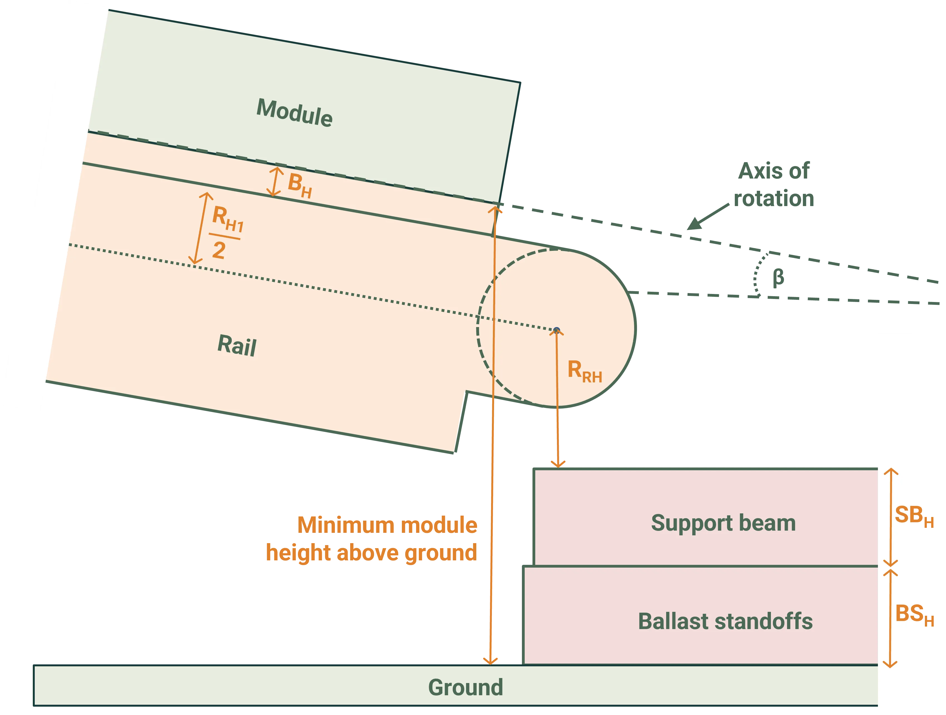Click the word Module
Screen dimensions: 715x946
[x=294, y=113]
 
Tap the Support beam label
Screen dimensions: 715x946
[x=723, y=523]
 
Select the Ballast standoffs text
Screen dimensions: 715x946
[x=725, y=621]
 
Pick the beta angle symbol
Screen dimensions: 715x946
[x=778, y=277]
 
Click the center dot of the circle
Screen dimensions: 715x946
[x=556, y=330]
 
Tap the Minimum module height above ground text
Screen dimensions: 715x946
[x=372, y=539]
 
